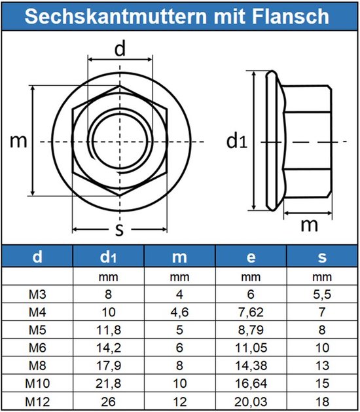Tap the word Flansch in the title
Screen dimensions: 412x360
pos(294,16)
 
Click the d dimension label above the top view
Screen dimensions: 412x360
pos(120,48)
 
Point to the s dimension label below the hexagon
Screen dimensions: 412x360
pos(118,229)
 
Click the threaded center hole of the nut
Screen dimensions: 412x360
pos(120,141)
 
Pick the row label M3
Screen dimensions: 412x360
pos(37,295)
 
